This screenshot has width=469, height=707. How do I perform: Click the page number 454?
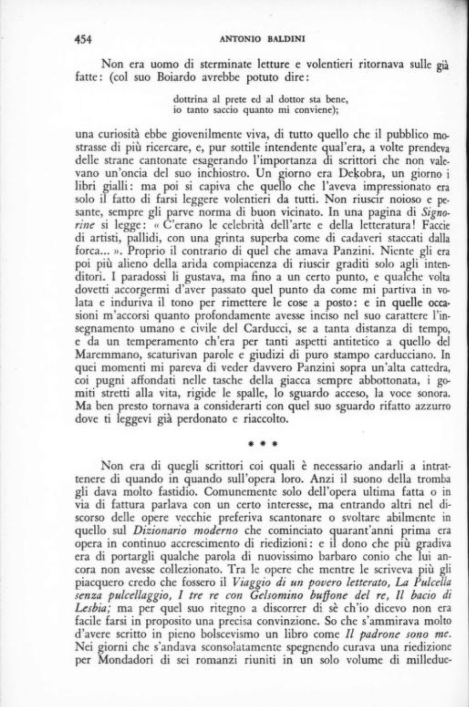click(x=84, y=39)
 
